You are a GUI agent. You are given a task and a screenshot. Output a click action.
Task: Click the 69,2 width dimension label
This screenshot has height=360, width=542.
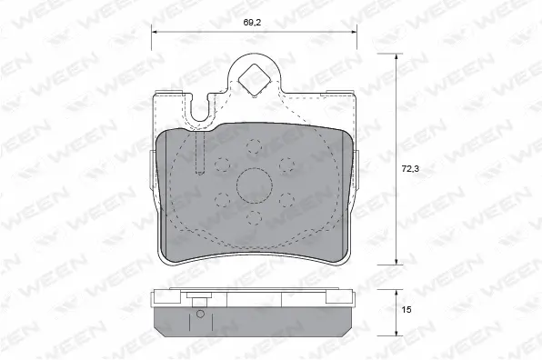click(252, 23)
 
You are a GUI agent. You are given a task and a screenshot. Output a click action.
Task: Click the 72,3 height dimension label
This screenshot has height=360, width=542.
click(410, 168)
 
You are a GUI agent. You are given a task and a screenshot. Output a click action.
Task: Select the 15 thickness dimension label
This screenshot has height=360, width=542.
click(406, 310)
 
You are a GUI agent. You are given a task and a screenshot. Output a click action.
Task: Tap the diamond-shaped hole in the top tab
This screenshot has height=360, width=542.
click(255, 80)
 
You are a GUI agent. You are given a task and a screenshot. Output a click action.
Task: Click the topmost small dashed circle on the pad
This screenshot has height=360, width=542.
click(255, 146)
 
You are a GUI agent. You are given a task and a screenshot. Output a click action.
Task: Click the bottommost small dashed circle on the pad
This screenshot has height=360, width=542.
click(255, 218)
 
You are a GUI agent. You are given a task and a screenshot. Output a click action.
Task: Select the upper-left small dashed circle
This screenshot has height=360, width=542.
click(222, 165)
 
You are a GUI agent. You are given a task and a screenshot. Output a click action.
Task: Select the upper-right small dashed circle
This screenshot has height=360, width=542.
click(286, 165)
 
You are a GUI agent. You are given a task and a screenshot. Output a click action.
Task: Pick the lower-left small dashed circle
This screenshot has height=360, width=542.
click(222, 200)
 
